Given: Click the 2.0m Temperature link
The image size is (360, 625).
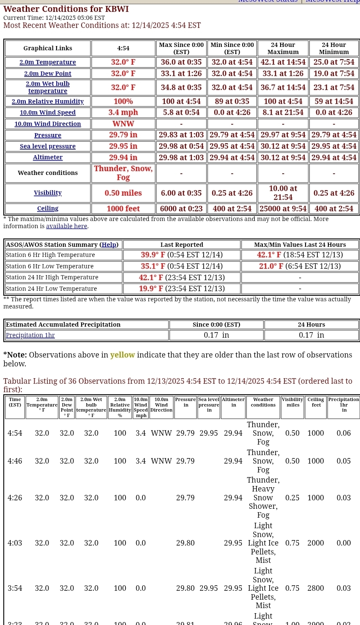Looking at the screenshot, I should pos(48,62).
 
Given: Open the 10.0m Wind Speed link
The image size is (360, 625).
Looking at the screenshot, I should pos(48,112).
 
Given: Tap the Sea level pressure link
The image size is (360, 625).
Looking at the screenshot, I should pos(48,146).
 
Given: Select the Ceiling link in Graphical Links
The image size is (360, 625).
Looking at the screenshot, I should pos(48,208).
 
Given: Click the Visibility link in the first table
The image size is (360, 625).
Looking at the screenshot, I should pos(48,193).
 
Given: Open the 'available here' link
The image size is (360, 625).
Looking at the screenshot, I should pos(66,226).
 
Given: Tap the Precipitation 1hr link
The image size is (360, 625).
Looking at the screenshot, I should pos(30,335).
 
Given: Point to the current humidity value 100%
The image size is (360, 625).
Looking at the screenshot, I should pos(123,101).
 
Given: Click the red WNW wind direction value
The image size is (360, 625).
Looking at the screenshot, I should pos(123,124).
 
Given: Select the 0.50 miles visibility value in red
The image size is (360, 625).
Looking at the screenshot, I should pos(123,193).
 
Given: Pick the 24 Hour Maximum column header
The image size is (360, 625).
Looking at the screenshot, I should pos(283,48).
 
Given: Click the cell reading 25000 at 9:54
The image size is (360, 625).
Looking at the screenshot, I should pos(283,208).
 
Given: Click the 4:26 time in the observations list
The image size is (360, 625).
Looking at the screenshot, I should pos(15,498).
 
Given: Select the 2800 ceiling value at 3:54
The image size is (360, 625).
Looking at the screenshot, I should pos(316,588).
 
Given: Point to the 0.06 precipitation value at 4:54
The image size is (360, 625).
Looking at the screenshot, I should pos(344,433).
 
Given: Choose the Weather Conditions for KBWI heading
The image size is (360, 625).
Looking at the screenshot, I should pos(66,9).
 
